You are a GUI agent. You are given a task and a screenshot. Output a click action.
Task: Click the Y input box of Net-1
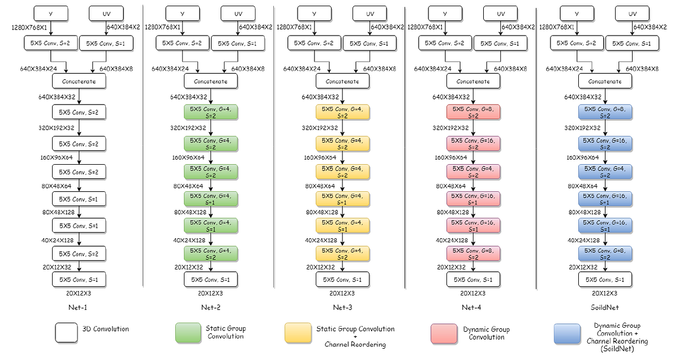(50, 14)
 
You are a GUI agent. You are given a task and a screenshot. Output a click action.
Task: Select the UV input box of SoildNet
(633, 14)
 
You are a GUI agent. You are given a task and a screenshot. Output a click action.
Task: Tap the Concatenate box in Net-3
(342, 82)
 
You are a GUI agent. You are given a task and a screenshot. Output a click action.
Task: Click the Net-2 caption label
(210, 307)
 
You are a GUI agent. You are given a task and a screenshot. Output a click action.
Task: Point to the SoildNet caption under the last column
(605, 307)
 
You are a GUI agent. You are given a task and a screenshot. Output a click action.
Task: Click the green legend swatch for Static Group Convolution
(188, 333)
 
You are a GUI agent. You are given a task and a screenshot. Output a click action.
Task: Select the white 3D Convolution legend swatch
(66, 333)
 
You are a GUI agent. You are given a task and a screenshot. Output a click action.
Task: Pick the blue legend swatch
(567, 334)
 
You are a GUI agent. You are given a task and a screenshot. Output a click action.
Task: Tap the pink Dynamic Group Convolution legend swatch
(444, 334)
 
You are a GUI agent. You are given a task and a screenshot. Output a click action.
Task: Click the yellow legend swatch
(298, 333)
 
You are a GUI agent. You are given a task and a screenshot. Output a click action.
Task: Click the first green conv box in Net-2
(210, 112)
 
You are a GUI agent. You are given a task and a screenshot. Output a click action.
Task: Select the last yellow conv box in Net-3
(342, 254)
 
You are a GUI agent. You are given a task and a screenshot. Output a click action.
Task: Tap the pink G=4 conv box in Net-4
(473, 172)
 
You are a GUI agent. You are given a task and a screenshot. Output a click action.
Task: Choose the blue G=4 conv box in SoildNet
(605, 172)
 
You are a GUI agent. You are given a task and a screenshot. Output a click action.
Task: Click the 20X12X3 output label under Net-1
(79, 293)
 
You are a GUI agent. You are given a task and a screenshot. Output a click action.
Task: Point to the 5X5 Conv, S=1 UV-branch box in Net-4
(500, 44)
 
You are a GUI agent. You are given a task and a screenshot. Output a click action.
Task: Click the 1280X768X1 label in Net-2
(162, 27)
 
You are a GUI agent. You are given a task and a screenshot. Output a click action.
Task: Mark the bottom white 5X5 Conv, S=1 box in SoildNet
(605, 279)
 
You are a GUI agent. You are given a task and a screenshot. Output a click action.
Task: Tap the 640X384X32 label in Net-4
(451, 97)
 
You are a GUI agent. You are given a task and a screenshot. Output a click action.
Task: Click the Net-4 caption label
(471, 307)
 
